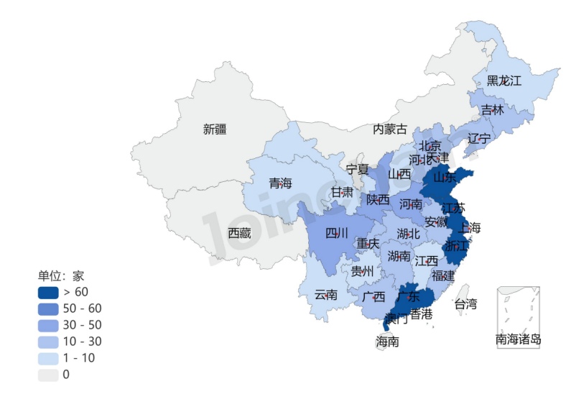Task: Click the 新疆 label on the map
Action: pos(215,129)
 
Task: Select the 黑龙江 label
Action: pos(504,81)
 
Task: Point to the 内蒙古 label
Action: pos(389,129)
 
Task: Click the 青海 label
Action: pos(280,183)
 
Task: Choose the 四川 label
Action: pos(336,233)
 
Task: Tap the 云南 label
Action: pos(326,295)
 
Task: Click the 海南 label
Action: pos(387,342)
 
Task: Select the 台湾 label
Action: pos(465,304)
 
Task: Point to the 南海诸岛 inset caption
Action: pos(518,339)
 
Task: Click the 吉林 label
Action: pos(492,110)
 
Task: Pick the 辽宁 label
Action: pos(479,138)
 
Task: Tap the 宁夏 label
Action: pos(357,170)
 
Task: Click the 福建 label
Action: pos(443,275)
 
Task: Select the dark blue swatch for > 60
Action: pos(48,292)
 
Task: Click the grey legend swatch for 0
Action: pos(48,375)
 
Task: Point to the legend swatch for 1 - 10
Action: pos(48,358)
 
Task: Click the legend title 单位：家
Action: pos(61,275)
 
